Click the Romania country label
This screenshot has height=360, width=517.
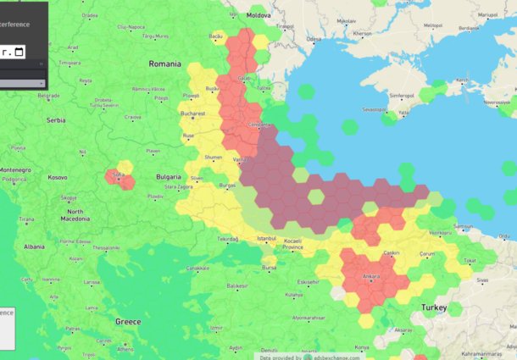click(164, 64)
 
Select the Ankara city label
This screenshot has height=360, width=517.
click(370, 276)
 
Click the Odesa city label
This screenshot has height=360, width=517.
click(314, 39)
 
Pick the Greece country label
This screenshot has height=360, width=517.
click(128, 322)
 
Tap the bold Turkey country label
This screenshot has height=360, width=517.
click(440, 305)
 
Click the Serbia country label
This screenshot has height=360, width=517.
click(56, 120)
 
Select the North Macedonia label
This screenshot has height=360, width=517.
click(75, 215)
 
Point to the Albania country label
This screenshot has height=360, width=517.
click(34, 246)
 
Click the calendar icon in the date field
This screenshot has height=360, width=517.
click(19, 53)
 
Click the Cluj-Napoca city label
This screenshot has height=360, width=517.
click(132, 27)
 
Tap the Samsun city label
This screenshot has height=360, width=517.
click(463, 226)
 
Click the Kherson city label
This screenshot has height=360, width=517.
click(362, 33)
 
